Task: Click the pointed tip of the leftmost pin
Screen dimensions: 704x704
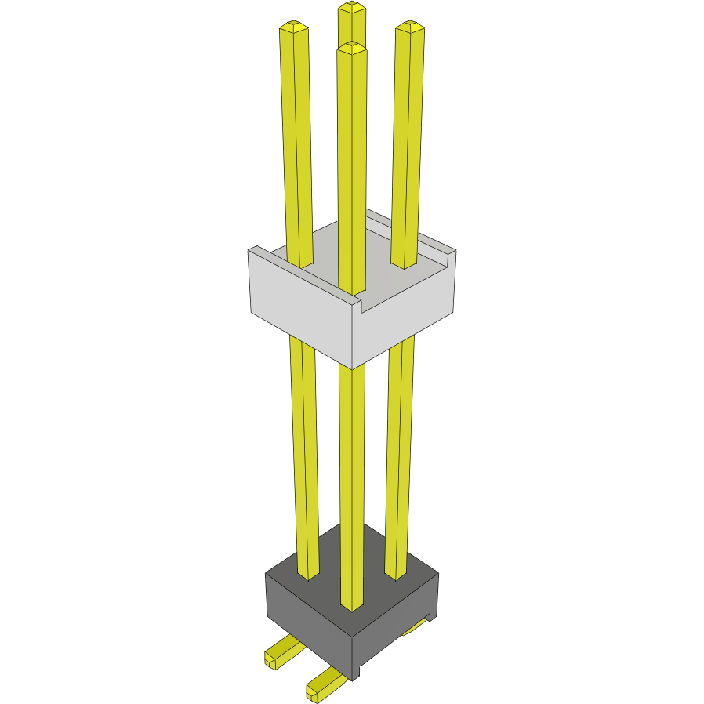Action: [293, 27]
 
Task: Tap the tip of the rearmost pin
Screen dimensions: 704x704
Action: [352, 9]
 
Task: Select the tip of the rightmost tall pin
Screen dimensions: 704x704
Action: [410, 27]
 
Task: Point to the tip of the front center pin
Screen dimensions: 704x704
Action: [352, 48]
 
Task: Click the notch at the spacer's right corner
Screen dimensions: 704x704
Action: [449, 256]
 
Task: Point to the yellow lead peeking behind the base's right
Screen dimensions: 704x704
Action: [416, 627]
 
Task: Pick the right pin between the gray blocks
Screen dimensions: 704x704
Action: [400, 439]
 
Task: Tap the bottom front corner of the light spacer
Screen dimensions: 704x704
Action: [352, 367]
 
